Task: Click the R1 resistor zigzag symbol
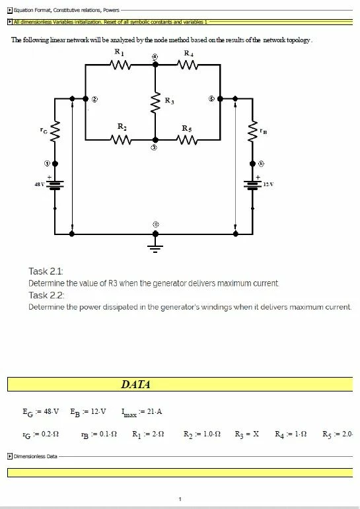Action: tap(120, 65)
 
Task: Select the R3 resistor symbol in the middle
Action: tap(155, 102)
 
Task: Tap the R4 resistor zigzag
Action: tap(188, 65)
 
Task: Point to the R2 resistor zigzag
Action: tap(120, 140)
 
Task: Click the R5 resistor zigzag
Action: tap(188, 140)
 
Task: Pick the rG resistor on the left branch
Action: tap(55, 131)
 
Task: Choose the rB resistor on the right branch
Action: tap(252, 131)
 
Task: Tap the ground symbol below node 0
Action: tap(155, 248)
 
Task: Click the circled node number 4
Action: tap(155, 57)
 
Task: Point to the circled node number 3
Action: tap(155, 148)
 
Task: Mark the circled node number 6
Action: tap(261, 164)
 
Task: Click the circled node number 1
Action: tap(47, 164)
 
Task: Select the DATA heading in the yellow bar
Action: tap(135, 384)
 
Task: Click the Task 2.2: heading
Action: tap(46, 295)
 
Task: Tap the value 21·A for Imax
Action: tap(155, 411)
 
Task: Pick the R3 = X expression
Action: tap(247, 434)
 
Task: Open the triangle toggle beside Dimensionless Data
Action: tap(10, 456)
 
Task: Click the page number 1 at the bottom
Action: tap(180, 499)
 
